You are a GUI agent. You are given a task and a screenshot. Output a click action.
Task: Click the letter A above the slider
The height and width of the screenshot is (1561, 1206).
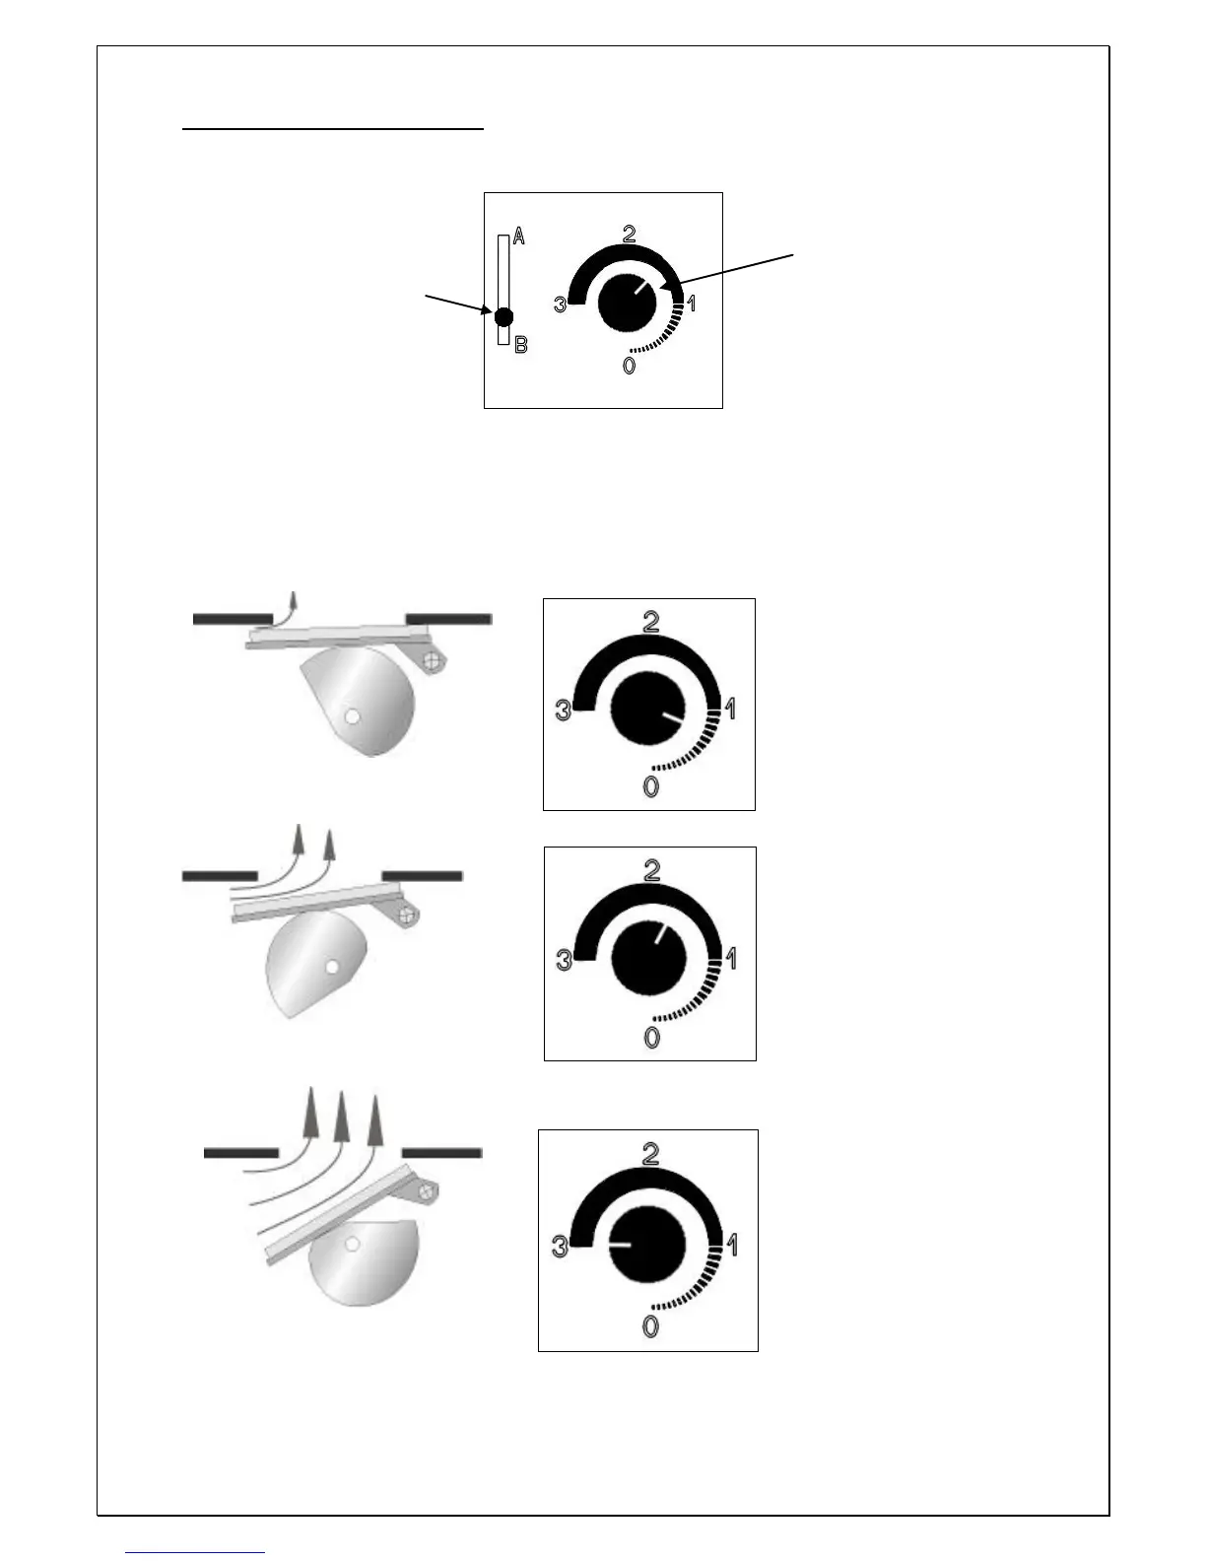click(x=519, y=238)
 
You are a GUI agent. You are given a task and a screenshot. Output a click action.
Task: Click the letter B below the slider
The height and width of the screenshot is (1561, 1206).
click(x=521, y=346)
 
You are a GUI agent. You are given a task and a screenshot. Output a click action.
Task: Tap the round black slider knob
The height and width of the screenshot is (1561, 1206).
click(x=503, y=317)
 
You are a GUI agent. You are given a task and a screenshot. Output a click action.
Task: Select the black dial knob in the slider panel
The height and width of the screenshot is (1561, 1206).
click(x=627, y=302)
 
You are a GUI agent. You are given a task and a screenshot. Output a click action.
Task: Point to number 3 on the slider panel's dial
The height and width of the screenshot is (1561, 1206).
click(x=560, y=305)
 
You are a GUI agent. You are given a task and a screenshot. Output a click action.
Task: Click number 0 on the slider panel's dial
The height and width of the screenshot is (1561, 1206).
click(x=629, y=367)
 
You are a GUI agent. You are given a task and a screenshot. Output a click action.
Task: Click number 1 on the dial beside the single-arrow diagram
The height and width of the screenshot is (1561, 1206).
click(x=730, y=708)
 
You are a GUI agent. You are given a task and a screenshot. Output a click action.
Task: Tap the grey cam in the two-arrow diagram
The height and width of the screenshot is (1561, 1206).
click(x=313, y=962)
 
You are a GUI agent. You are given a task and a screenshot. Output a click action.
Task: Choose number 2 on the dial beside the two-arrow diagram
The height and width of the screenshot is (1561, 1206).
click(x=651, y=870)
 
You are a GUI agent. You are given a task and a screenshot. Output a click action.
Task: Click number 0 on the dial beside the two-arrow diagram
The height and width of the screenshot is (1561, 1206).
click(x=651, y=1037)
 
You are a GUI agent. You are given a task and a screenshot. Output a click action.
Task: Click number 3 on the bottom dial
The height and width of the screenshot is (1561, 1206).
click(x=560, y=1247)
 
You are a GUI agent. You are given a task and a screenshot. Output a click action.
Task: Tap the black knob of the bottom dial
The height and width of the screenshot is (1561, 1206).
click(x=647, y=1244)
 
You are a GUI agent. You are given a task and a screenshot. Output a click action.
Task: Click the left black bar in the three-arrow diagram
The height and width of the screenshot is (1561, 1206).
click(x=240, y=1152)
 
